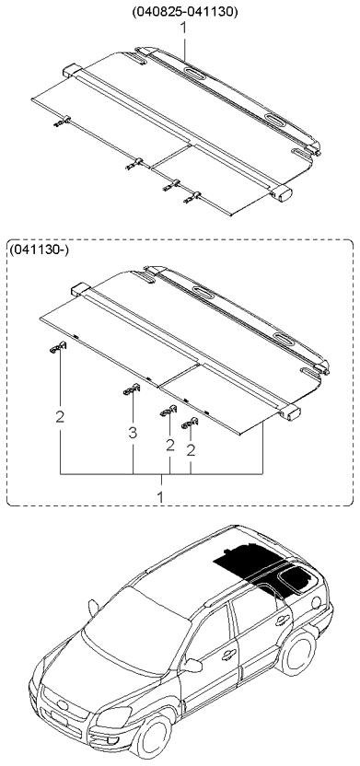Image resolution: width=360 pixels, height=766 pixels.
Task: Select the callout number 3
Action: tap(132, 431)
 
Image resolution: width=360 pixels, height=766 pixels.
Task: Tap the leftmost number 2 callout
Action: tap(59, 417)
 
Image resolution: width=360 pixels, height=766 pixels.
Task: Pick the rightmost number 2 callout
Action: tap(192, 450)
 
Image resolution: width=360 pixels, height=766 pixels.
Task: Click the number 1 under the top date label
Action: tap(184, 29)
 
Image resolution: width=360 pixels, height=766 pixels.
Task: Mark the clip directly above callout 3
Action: tap(130, 390)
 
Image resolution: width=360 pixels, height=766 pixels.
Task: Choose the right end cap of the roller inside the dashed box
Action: tap(293, 413)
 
